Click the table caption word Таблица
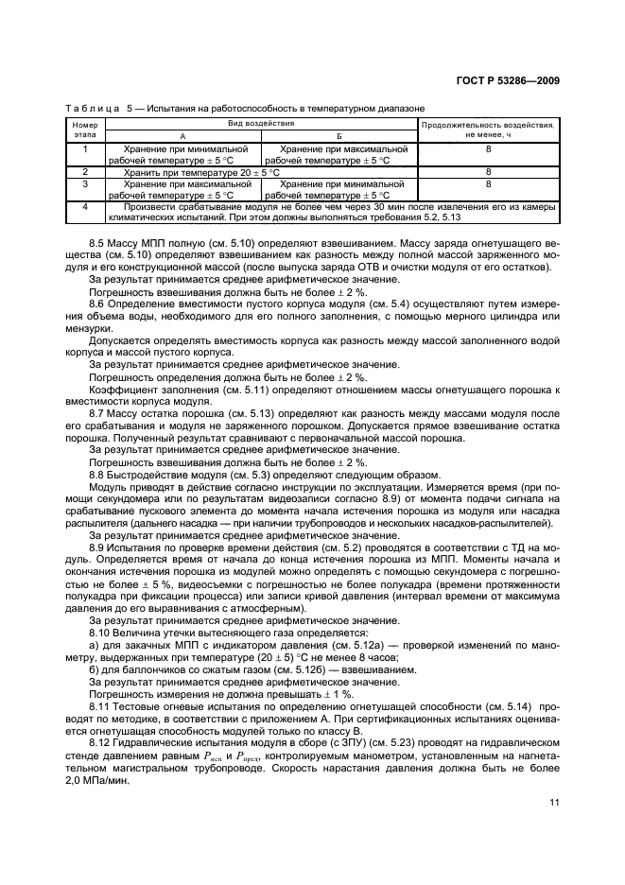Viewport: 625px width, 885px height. pos(91,109)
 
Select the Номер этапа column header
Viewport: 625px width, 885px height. pos(85,130)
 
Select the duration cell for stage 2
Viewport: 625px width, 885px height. pos(488,172)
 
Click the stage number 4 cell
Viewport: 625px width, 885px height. pos(85,206)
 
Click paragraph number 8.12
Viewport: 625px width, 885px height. pos(101,745)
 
